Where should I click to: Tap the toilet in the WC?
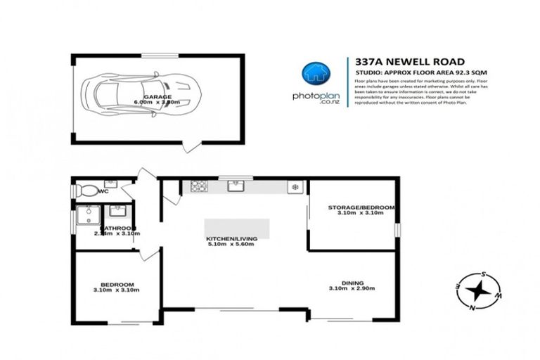[88, 190]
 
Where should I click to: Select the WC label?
[103, 191]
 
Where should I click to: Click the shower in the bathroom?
[89, 214]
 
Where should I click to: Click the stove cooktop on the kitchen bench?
[198, 186]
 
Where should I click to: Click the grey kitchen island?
[236, 229]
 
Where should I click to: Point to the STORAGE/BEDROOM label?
[361, 211]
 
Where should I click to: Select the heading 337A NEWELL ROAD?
[397, 62]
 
